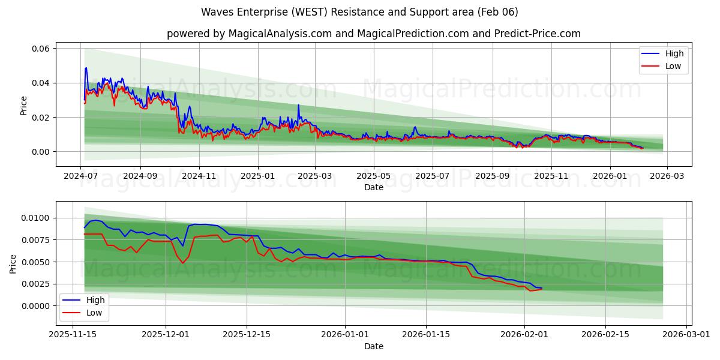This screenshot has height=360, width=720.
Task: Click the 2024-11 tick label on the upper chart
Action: [199, 176]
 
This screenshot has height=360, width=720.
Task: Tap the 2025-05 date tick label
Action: [374, 176]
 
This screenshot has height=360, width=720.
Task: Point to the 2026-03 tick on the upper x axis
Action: [667, 176]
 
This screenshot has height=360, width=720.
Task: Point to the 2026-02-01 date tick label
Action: [524, 335]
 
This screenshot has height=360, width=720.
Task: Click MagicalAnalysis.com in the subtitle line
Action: [280, 34]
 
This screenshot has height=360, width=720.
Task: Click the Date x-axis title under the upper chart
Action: [374, 187]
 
